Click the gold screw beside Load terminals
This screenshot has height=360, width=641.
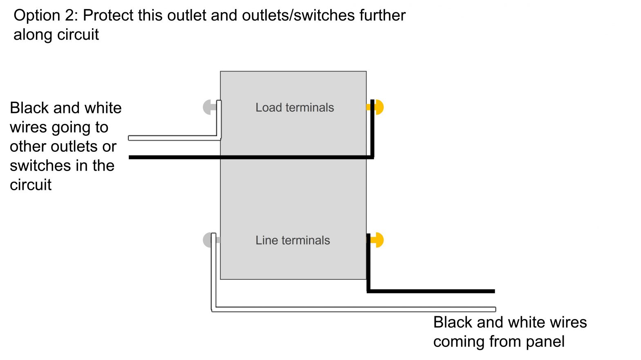379,107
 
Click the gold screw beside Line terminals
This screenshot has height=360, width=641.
379,240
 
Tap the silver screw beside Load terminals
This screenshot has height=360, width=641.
208,107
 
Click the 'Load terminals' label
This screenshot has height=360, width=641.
294,108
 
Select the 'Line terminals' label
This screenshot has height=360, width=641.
293,241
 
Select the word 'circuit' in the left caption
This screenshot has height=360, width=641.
31,185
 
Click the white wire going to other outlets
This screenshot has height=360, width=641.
172,138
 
